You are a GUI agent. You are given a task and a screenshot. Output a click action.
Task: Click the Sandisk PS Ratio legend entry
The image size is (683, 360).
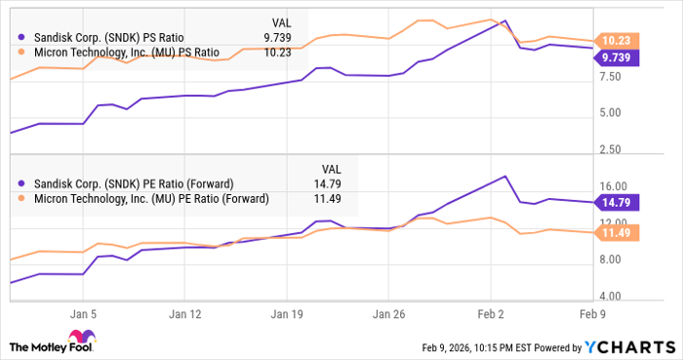(x=118, y=36)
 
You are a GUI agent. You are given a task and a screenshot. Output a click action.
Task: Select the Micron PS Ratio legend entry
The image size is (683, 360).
(x=126, y=52)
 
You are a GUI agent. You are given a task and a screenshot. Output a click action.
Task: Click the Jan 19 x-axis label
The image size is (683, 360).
(x=287, y=314)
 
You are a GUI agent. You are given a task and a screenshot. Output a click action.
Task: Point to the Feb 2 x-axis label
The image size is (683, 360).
(x=491, y=314)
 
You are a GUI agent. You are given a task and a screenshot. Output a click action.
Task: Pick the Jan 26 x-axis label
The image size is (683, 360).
(x=389, y=314)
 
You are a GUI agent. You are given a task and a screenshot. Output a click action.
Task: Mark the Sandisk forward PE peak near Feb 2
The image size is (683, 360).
(x=504, y=177)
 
